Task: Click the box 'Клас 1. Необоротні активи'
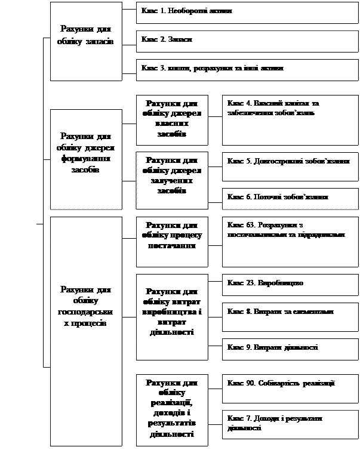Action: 247,12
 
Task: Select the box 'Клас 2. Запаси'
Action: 247,40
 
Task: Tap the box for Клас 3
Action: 247,69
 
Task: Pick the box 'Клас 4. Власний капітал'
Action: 290,119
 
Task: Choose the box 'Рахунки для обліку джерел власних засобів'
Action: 172,119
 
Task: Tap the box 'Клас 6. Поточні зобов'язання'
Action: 290,198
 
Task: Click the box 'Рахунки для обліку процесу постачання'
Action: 172,241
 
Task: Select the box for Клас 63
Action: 290,241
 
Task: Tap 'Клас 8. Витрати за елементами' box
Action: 290,313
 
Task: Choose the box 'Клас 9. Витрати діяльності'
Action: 290,349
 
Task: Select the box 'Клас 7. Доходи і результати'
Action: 290,425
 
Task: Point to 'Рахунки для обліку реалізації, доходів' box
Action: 172,409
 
